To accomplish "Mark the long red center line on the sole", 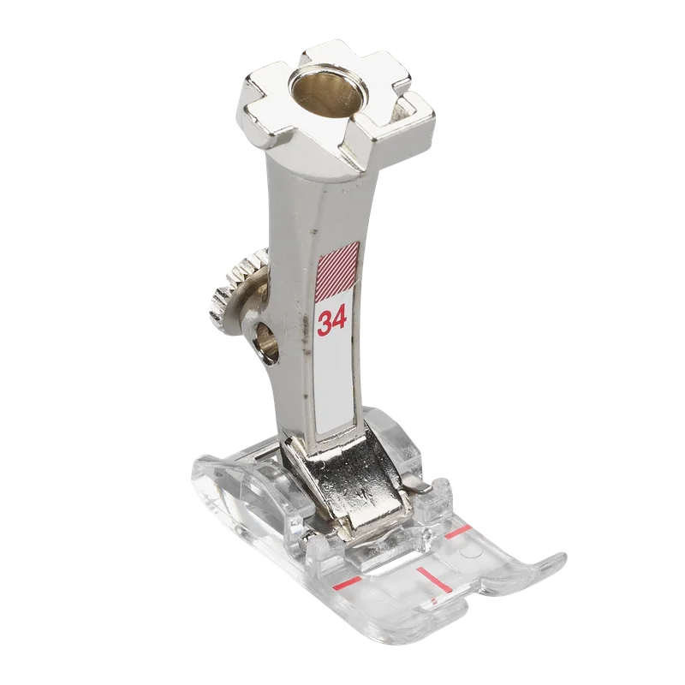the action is point(432,579).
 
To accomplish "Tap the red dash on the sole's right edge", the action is point(458,531).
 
